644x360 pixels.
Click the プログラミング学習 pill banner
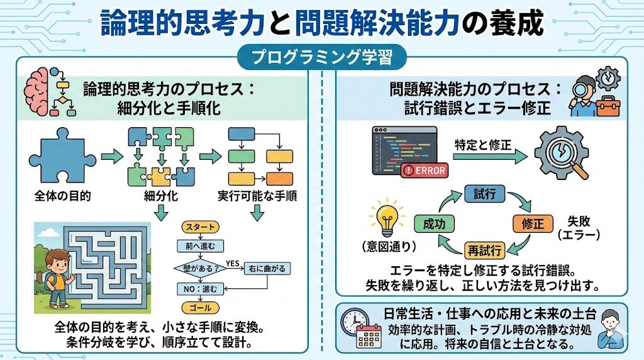tap(321, 58)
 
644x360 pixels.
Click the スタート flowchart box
tap(201, 227)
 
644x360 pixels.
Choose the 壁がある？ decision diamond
tap(201, 268)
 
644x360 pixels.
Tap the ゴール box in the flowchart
tap(201, 308)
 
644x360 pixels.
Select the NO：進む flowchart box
tap(201, 289)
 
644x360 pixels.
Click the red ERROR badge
tap(425, 170)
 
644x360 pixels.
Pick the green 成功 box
tap(435, 223)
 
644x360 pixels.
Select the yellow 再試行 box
tap(484, 251)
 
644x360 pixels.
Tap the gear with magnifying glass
tap(562, 153)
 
